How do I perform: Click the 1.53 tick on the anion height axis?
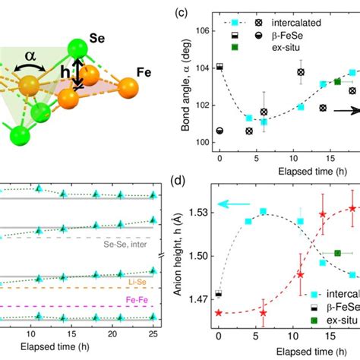[201, 212]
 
